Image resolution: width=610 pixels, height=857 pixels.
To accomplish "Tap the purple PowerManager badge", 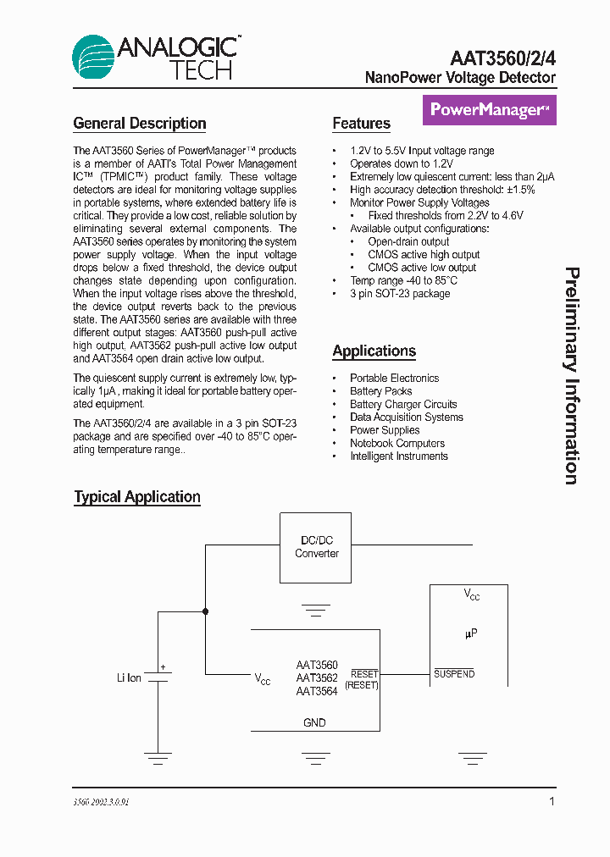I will pos(490,110).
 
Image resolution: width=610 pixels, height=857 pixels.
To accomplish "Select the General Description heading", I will pos(140,124).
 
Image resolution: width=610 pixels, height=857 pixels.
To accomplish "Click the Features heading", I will pos(361,124).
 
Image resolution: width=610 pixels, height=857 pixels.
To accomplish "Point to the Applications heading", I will pos(374,351).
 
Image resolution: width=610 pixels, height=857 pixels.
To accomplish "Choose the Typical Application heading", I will pos(137,497).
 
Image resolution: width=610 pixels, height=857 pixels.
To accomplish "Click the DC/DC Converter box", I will pos(317,547).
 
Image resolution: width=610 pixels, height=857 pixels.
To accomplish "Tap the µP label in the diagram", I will pos(471,633).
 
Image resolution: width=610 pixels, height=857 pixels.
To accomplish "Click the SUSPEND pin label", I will pos(454,674).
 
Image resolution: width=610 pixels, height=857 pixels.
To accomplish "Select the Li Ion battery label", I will pos(129,678).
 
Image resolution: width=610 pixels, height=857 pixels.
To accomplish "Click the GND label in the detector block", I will pos(314,722).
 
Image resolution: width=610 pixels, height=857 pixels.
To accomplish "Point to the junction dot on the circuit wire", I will pos(205,611).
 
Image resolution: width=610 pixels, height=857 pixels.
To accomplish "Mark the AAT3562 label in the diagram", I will pos(317,677).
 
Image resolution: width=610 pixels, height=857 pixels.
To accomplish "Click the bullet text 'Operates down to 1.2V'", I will pos(402,163).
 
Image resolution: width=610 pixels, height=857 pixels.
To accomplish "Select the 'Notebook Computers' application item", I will pos(397,443).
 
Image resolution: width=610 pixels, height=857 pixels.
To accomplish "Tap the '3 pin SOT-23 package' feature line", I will pos(400,293).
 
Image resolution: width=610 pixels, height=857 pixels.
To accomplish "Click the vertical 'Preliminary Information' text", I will pos(573,376).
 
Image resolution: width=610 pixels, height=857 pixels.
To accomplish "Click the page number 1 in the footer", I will pos(552,801).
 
